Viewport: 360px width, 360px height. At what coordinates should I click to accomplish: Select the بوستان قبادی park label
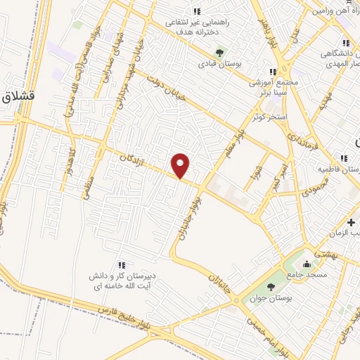219,64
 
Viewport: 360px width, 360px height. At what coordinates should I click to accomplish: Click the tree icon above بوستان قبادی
219,52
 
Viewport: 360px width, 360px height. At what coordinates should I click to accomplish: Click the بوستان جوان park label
271,298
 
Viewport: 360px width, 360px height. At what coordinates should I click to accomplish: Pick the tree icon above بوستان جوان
271,286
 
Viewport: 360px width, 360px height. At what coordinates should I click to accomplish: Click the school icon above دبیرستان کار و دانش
121,264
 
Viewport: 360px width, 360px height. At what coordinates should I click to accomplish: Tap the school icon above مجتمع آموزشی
273,71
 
